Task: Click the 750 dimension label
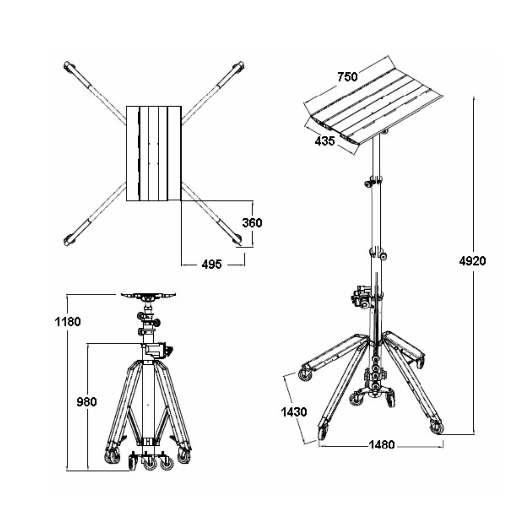pos(347,77)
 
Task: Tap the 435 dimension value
pos(325,141)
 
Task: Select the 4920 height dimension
pos(472,261)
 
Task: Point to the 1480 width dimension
pos(381,445)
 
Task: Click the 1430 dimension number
pos(294,412)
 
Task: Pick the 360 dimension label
pos(252,223)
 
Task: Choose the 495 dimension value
pos(212,264)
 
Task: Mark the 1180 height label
pos(68,321)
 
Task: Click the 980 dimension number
pos(87,402)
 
